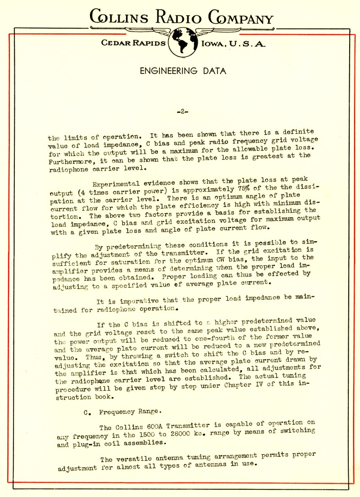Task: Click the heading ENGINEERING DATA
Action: [183, 71]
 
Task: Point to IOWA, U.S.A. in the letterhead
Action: [234, 44]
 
